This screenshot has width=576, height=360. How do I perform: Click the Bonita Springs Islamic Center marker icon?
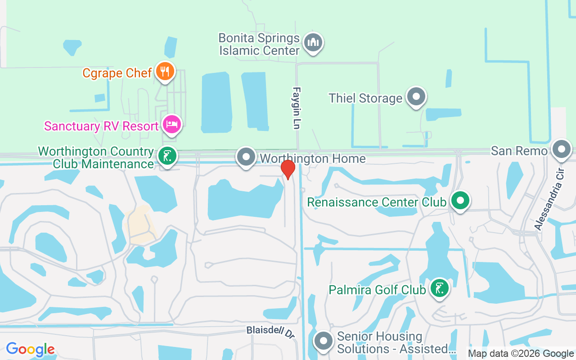[313, 43]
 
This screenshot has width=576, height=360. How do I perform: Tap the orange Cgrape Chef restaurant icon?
[165, 71]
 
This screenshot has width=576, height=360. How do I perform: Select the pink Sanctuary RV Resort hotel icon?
[171, 125]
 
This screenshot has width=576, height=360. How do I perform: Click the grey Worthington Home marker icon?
[246, 157]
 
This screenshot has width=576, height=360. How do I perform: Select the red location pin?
[288, 169]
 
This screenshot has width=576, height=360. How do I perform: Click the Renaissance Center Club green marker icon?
[460, 201]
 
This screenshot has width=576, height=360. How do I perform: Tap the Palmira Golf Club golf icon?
[439, 288]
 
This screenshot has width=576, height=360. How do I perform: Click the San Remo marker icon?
[561, 149]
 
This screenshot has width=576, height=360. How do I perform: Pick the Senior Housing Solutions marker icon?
[324, 341]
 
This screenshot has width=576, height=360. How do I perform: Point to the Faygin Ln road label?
[297, 108]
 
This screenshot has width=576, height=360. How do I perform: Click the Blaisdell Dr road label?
[270, 332]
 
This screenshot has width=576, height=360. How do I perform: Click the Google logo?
[30, 349]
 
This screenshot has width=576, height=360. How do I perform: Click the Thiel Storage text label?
[365, 98]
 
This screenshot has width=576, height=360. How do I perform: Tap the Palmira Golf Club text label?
[377, 289]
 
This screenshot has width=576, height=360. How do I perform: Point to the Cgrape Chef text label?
[117, 73]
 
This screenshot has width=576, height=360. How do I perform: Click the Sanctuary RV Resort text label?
[101, 126]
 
